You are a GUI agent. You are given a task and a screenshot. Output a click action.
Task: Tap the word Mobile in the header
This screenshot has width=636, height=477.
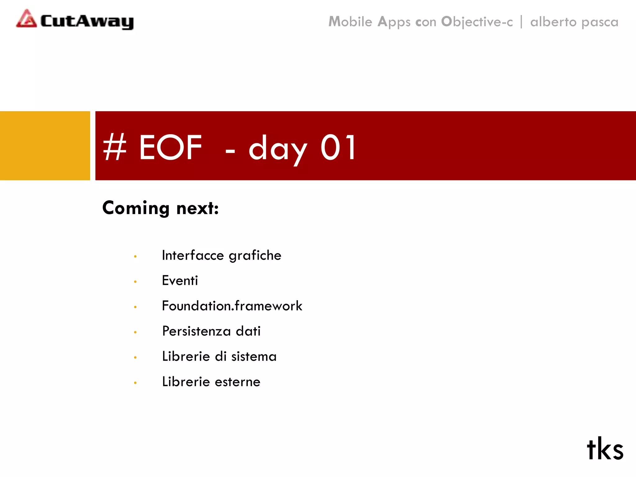[350, 22]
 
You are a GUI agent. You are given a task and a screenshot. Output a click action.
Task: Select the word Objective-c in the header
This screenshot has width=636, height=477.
[477, 22]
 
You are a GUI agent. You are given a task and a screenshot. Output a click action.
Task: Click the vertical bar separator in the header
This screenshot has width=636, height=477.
[521, 22]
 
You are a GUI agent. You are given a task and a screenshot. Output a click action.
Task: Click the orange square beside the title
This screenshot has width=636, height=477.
[45, 146]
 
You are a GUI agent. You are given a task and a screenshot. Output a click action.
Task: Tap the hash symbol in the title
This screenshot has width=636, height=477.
[115, 147]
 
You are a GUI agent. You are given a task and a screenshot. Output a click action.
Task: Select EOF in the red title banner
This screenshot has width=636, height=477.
[170, 147]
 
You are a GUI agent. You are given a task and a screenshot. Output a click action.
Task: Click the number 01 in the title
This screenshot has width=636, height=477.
[338, 147]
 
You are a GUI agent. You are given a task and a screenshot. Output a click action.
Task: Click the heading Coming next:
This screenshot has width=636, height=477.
[161, 208]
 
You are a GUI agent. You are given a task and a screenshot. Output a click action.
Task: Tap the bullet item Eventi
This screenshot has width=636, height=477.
[180, 280]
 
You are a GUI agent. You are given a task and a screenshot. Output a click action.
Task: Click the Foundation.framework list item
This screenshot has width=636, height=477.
[232, 306]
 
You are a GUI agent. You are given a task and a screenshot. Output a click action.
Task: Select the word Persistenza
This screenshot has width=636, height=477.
[196, 331]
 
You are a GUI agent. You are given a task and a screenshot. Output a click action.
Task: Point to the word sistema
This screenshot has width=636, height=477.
[254, 357]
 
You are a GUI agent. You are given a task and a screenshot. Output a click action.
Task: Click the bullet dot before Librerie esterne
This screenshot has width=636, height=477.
[135, 383]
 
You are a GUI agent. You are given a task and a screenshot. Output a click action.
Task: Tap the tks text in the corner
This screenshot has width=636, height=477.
[605, 449]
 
